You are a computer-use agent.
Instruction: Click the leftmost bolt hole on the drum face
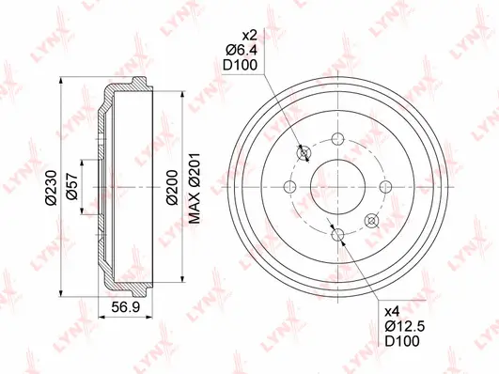[290, 187]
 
